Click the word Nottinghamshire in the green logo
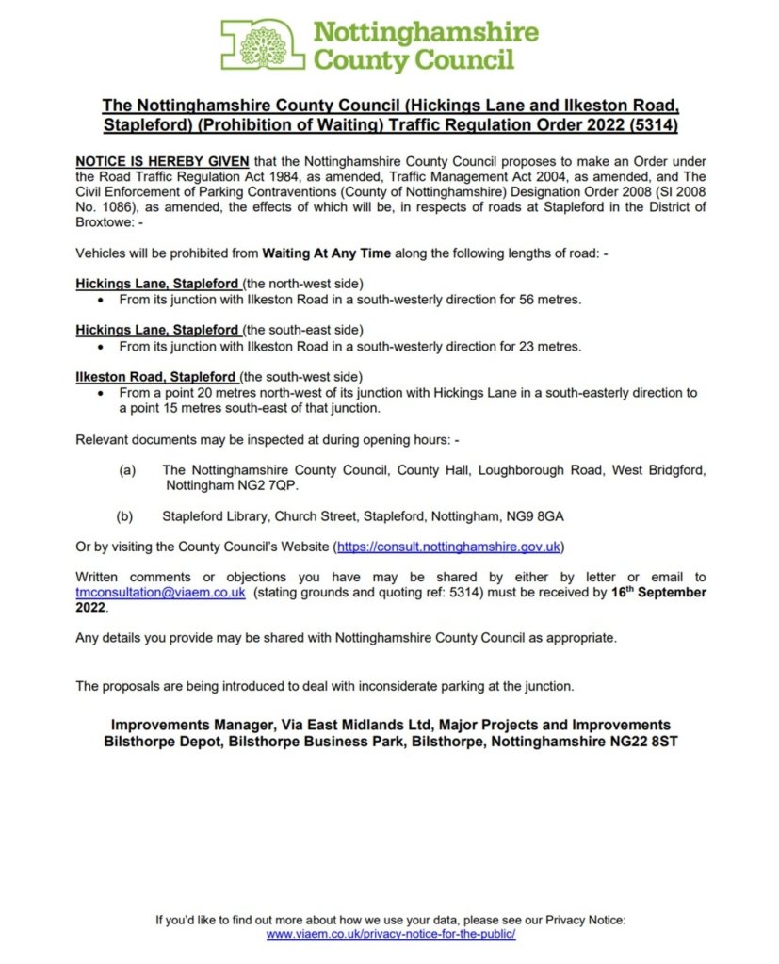tap(425, 32)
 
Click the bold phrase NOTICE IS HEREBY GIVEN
tap(162, 162)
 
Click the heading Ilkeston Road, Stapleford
tap(154, 377)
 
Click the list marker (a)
tap(126, 469)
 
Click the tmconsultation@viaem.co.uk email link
tap(160, 593)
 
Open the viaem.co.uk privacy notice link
tap(390, 934)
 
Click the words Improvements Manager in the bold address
tap(188, 725)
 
